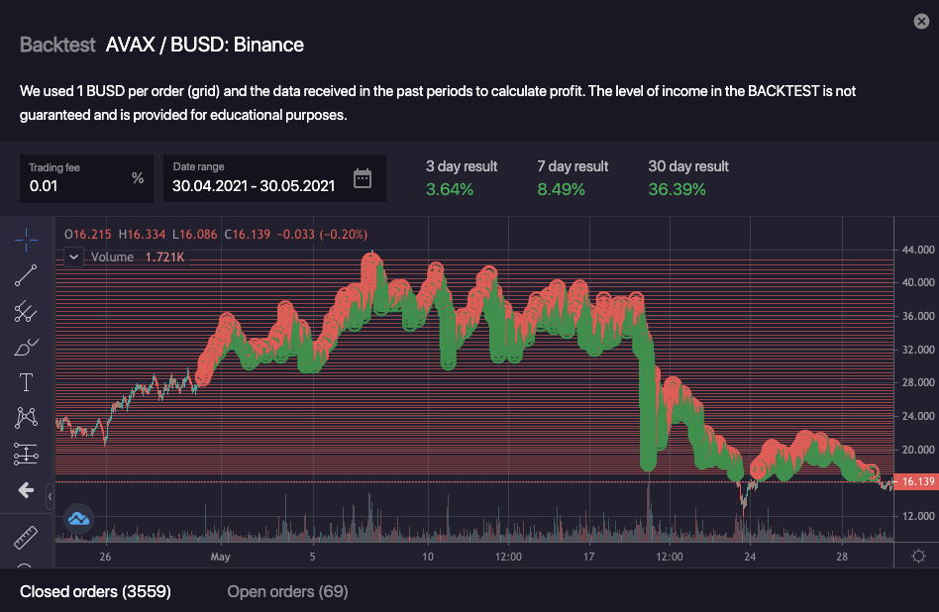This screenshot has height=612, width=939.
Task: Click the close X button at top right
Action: (921, 21)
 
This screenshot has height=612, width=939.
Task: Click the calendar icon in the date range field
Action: (363, 178)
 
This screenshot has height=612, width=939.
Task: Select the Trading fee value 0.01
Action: (45, 185)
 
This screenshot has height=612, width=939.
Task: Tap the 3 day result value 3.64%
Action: (450, 188)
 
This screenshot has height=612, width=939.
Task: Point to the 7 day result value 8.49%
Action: (561, 188)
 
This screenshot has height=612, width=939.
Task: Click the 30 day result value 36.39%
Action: (677, 188)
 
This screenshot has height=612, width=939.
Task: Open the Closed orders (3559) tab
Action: (95, 591)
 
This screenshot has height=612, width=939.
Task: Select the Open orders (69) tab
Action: (287, 591)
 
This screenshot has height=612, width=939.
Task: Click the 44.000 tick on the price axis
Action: (918, 249)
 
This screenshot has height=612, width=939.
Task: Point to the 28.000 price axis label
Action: (918, 382)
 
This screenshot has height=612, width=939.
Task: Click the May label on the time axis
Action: (220, 557)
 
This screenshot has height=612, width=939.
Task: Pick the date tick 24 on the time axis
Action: (750, 557)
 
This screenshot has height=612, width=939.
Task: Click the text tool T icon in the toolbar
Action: (26, 382)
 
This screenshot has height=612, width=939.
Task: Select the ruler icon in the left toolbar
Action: (26, 538)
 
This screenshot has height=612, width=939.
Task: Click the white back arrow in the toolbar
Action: (26, 490)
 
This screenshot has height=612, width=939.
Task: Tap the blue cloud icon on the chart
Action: (78, 517)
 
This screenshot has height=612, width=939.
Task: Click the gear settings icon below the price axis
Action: (918, 556)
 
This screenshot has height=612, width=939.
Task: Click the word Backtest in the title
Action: (57, 45)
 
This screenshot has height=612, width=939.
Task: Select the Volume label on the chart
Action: (111, 256)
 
